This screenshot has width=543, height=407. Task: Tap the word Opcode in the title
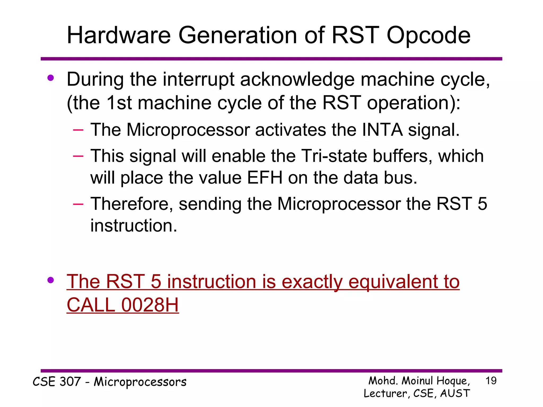(x=428, y=36)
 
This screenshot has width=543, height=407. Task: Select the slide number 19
(x=491, y=381)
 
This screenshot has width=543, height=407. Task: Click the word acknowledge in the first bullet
(x=297, y=79)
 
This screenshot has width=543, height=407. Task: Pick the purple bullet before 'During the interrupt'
(x=51, y=78)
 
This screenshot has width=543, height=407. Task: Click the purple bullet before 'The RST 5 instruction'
(x=51, y=280)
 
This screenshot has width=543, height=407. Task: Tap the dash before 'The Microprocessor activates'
(x=78, y=130)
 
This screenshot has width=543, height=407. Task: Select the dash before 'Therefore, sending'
(x=78, y=204)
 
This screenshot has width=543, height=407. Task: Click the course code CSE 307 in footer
(x=56, y=382)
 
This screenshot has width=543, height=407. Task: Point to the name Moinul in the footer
(x=418, y=381)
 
